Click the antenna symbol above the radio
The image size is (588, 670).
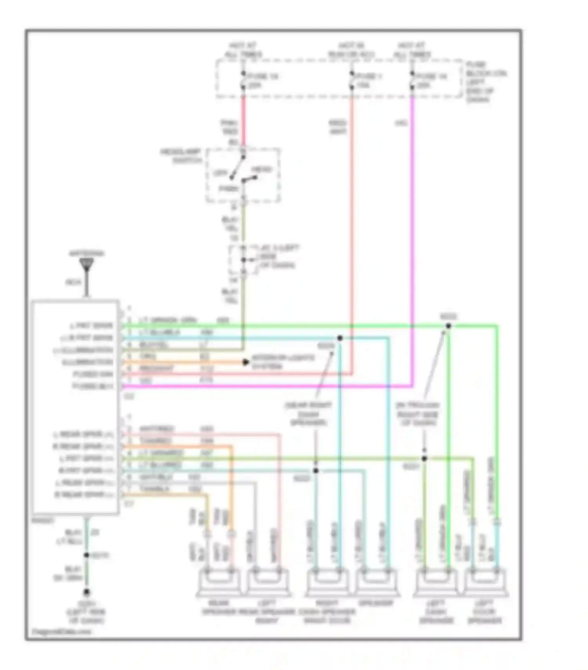point(86,265)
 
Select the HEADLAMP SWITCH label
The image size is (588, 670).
point(181,156)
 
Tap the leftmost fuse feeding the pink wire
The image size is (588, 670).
point(243,80)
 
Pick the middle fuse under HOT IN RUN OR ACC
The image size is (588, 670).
point(352,80)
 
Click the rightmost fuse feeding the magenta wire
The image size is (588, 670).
point(412,80)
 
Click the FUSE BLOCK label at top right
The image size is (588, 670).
point(485,82)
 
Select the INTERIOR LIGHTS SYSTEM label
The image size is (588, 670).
point(282,362)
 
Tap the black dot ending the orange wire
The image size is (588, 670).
point(246,362)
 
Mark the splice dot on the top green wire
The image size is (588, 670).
point(448,326)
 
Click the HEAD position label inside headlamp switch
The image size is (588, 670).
point(261,169)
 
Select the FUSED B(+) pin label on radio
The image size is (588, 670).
point(93,386)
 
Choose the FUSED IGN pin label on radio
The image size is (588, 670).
point(93,374)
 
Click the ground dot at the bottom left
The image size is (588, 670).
point(86,592)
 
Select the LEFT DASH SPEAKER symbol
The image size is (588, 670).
point(436,583)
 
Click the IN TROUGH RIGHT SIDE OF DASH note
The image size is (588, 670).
point(417,414)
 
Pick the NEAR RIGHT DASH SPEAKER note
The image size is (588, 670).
point(308,414)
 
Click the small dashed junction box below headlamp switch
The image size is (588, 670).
point(243,260)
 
